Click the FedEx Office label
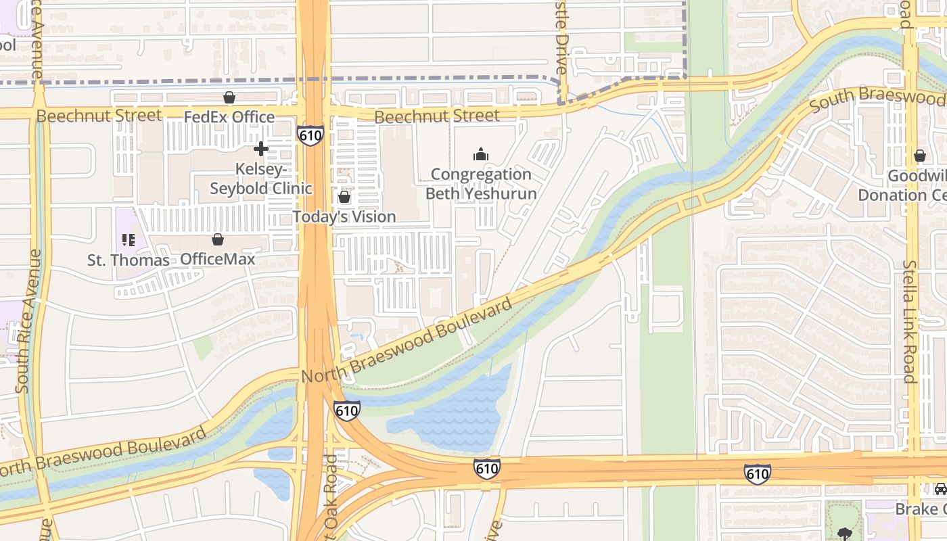tap(229, 117)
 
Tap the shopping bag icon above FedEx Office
tap(229, 98)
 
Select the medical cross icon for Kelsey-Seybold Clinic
tap(261, 149)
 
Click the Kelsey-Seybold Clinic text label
tap(261, 179)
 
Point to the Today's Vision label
tap(344, 216)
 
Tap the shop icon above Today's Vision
tap(344, 197)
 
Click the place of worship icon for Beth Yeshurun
tap(481, 155)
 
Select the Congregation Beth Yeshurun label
tap(481, 184)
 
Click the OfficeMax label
tap(217, 259)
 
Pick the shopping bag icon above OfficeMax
tap(218, 240)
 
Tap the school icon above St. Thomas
tap(128, 240)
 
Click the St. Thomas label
tap(128, 260)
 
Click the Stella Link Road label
tap(910, 321)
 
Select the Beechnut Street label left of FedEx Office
tap(99, 116)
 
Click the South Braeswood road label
tap(877, 99)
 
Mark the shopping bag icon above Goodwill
tap(919, 156)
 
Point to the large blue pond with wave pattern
tap(460, 406)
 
